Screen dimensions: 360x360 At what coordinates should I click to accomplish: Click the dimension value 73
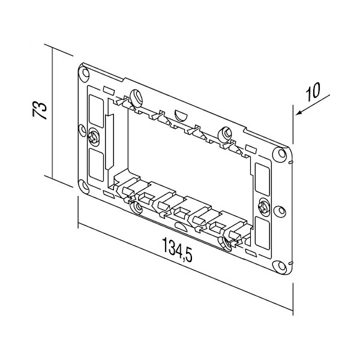coord(38,112)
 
